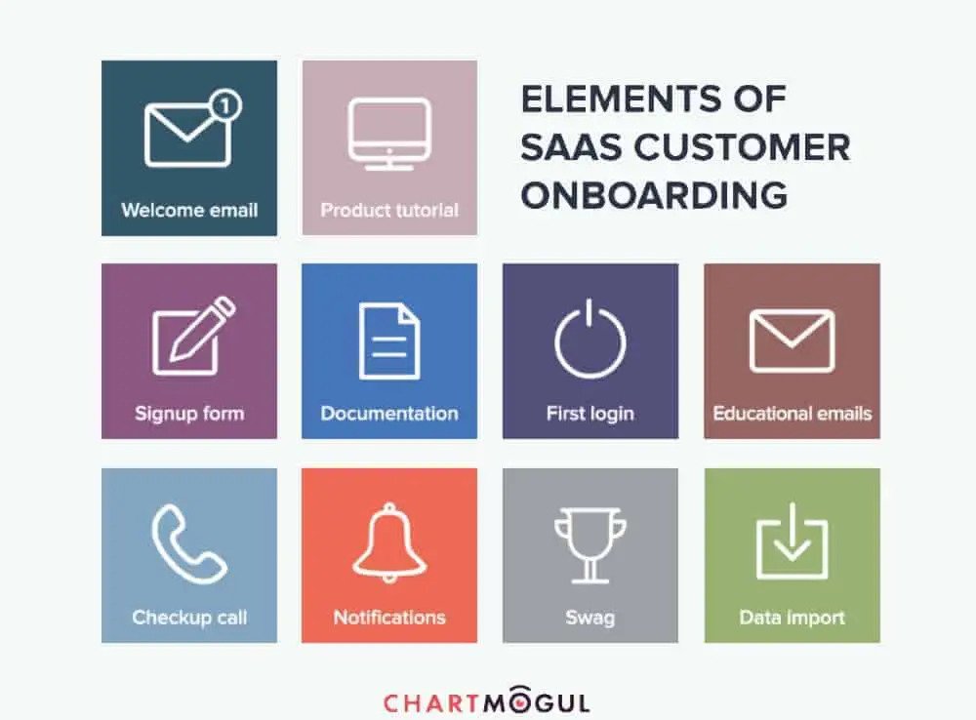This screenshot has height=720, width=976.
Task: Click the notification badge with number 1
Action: click(225, 105)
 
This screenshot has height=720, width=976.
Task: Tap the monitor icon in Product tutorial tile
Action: click(389, 134)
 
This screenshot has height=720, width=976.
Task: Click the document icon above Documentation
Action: click(389, 341)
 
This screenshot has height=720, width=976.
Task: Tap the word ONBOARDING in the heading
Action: click(654, 195)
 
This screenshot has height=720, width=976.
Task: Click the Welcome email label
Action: click(189, 211)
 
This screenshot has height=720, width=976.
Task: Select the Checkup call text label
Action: click(189, 618)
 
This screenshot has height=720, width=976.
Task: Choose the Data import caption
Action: click(792, 618)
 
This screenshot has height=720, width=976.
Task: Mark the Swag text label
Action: click(590, 618)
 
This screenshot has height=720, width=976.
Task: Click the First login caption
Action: click(590, 414)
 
